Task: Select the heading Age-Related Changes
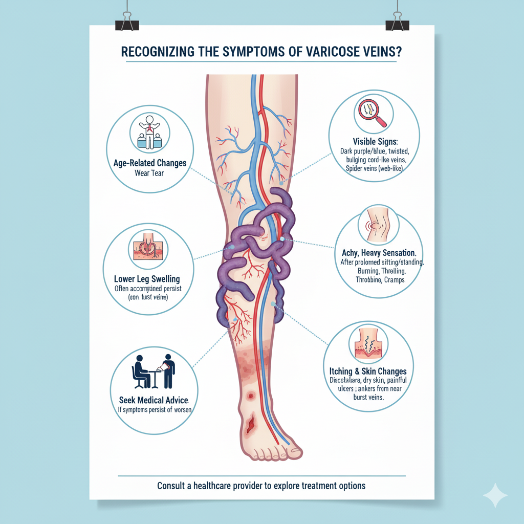[149, 163]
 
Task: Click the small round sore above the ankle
[251, 396]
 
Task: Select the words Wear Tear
[149, 173]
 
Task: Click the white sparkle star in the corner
[495, 495]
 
